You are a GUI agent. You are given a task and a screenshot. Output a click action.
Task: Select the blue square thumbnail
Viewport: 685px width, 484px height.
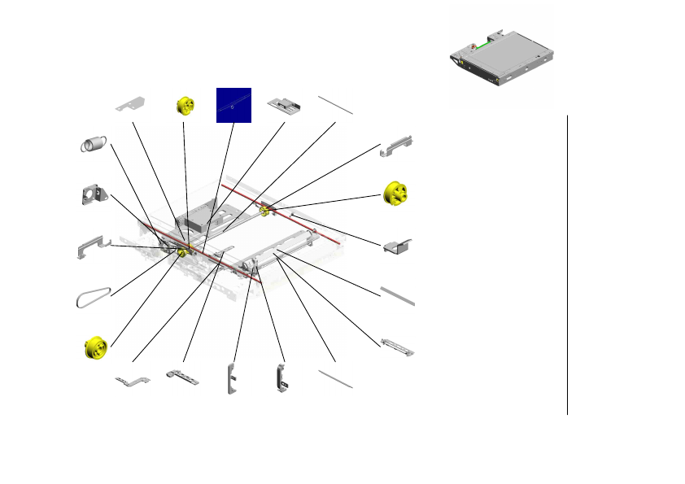(x=233, y=105)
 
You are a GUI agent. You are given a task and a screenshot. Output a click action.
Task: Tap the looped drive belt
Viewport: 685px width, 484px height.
(x=92, y=298)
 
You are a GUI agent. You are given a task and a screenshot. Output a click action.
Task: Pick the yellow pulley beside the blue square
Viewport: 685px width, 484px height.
(x=186, y=106)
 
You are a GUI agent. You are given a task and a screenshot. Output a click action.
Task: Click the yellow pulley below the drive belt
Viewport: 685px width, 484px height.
(x=97, y=347)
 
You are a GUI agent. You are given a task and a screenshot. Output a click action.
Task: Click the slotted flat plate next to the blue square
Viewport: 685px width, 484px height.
(x=284, y=106)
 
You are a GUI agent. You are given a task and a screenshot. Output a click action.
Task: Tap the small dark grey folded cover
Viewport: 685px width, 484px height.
(x=399, y=245)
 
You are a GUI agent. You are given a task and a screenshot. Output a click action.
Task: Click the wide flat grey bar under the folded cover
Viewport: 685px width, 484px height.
(x=398, y=296)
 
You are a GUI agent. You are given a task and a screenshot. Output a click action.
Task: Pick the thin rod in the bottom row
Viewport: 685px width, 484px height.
(x=334, y=378)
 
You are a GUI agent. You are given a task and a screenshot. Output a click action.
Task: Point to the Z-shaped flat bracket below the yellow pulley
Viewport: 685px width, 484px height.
(x=133, y=380)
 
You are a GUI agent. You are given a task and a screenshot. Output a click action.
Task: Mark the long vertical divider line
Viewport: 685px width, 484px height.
(x=567, y=264)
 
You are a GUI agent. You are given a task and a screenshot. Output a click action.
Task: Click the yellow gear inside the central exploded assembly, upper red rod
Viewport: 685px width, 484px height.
(x=264, y=211)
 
